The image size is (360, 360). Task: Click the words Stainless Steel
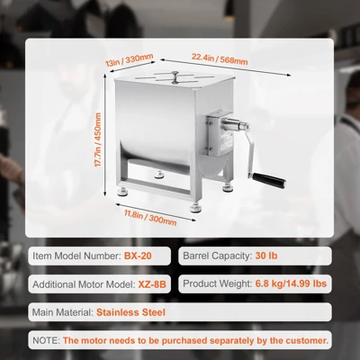tap(126, 312)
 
